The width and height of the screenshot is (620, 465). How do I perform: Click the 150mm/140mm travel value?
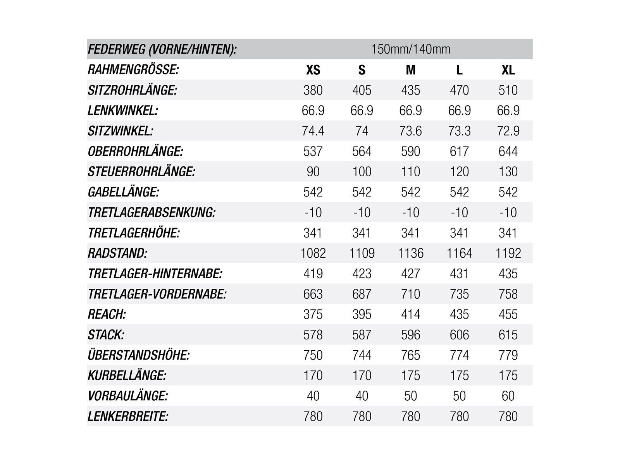(x=410, y=49)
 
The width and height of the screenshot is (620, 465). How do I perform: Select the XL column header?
(x=508, y=70)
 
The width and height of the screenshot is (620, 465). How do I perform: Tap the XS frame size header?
(x=313, y=70)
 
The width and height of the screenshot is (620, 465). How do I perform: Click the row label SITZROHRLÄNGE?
(x=133, y=90)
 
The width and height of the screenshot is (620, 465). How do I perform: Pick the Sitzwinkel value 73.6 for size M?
(x=410, y=131)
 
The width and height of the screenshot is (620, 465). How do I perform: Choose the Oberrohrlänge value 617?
(x=459, y=152)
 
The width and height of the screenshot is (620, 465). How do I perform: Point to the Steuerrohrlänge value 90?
(x=313, y=172)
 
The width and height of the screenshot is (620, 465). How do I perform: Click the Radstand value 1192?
(x=508, y=253)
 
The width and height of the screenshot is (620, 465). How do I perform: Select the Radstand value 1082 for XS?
(x=313, y=253)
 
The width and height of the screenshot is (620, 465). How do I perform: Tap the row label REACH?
(x=107, y=314)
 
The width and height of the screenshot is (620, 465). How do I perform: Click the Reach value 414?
(x=410, y=314)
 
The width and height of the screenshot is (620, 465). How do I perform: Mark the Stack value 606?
(x=459, y=335)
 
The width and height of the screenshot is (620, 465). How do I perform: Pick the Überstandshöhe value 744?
(x=362, y=355)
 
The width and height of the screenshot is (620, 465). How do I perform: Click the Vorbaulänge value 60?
(x=508, y=396)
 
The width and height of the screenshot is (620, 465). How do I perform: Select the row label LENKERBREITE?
(x=128, y=417)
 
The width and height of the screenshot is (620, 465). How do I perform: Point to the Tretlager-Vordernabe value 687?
(x=362, y=294)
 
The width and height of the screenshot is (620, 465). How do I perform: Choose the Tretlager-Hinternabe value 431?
(x=459, y=274)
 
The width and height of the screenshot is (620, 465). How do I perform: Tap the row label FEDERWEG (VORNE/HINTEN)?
(x=162, y=50)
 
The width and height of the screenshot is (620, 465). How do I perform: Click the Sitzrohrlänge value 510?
(x=508, y=90)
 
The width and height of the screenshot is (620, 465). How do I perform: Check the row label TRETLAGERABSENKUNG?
(x=152, y=213)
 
